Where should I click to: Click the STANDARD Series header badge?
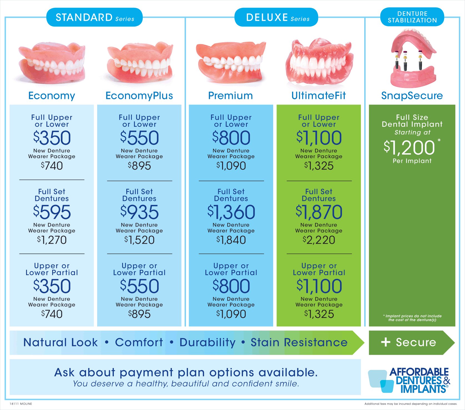pos(94,17)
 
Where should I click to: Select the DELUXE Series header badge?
pos(276,17)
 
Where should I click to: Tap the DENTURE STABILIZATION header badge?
pos(412,17)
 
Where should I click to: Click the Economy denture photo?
pos(52,63)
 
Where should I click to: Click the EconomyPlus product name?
pos(139,96)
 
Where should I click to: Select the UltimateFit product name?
pos(318,96)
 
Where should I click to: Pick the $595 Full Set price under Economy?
pos(52,212)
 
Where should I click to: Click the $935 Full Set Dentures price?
pos(139,212)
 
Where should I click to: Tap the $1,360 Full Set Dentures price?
pos(231,212)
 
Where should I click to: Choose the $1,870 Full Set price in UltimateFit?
pos(319,212)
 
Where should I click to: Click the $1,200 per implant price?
pos(409,147)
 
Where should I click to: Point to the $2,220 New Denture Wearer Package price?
pos(319,240)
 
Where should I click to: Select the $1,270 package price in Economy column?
pos(52,240)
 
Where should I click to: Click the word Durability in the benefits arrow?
pos(207,342)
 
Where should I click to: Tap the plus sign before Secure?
pos(386,342)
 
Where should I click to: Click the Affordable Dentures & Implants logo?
pos(409,380)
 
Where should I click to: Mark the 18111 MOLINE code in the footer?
pos(21,404)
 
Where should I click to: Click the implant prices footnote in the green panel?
pos(412,318)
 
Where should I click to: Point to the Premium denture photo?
pos(231,63)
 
